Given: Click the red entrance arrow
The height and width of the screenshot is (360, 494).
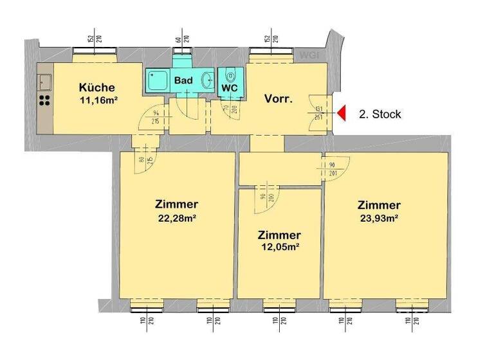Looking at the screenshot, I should pos(342,114).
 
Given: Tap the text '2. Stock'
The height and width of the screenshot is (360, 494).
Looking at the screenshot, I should pos(380,114).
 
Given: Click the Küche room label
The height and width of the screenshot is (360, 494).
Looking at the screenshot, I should pos(96,87).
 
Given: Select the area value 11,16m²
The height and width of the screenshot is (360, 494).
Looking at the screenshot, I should pos(97,100).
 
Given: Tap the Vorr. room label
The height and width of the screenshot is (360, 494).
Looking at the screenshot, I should pos(279,99).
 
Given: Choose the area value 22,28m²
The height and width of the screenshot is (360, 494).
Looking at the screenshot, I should pos(176,218).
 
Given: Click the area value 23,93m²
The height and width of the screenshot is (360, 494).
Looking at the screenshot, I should pos(379,218).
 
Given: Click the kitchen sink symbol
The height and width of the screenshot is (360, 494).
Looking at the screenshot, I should pos(45,82).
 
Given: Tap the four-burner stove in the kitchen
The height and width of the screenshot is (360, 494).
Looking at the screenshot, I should pos(45,100).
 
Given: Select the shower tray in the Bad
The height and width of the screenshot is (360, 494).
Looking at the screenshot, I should pos(156,82).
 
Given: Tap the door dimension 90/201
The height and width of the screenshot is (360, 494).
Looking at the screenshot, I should pos(333,168).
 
